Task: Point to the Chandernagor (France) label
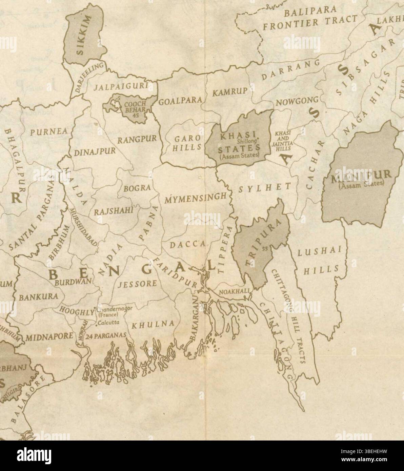coord(112,312)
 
